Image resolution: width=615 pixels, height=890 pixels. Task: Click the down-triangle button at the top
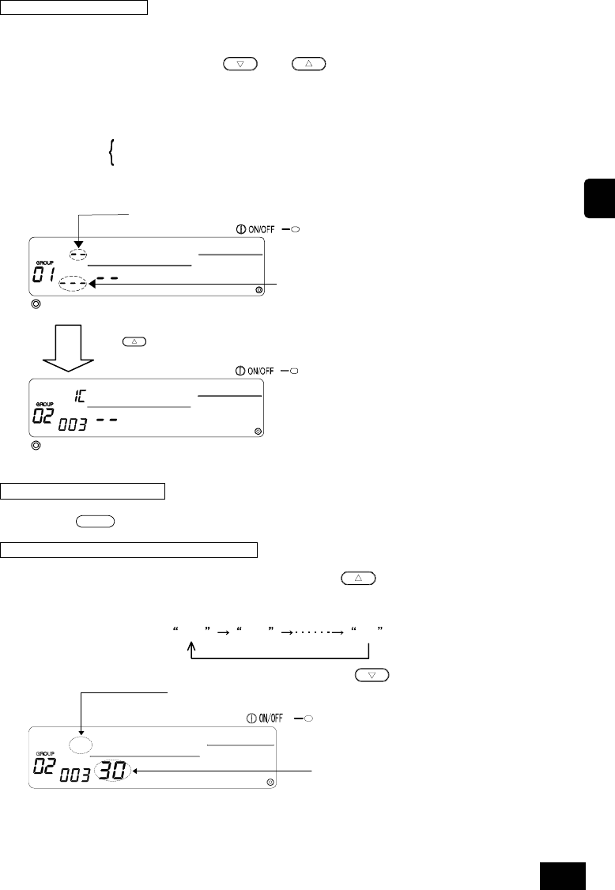point(240,64)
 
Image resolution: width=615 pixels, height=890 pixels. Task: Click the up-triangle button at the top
point(309,64)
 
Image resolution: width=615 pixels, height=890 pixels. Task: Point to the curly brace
point(111,151)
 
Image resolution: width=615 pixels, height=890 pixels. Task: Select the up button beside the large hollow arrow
point(134,341)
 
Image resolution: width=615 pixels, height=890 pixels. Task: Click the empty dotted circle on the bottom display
point(80,744)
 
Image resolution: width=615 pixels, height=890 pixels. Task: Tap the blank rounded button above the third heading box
point(96,522)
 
